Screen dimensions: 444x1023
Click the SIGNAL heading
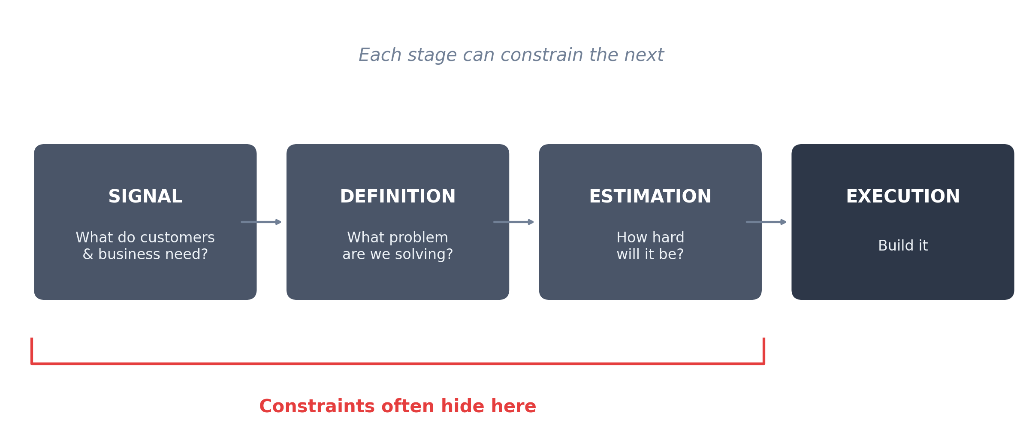click(x=145, y=197)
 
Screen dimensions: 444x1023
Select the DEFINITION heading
click(x=398, y=197)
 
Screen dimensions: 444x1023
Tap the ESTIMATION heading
click(x=650, y=197)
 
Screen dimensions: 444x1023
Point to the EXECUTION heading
click(x=902, y=197)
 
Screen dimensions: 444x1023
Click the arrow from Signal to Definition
click(x=261, y=222)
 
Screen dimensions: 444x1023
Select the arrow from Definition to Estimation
click(x=513, y=222)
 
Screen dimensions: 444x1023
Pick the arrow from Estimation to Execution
click(x=766, y=222)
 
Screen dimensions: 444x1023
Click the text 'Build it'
click(x=902, y=246)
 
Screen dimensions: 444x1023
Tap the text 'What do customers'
click(x=145, y=238)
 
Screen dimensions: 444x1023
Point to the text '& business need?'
click(x=145, y=254)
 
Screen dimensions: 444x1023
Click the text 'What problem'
click(x=398, y=238)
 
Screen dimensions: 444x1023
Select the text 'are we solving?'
click(x=398, y=254)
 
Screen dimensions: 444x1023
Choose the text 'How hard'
click(x=650, y=238)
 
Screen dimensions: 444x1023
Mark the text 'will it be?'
click(x=650, y=254)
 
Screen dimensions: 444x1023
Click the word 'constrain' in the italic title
click(x=542, y=55)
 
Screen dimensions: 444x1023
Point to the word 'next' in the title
click(x=644, y=55)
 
